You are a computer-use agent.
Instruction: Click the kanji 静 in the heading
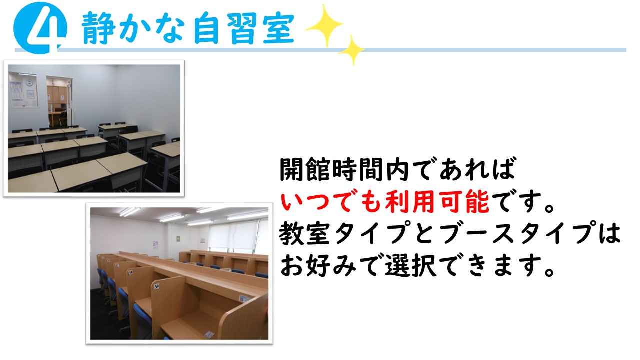[x=98, y=28]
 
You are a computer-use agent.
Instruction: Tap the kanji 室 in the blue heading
[x=278, y=28]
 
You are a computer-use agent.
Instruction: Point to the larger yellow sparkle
[x=324, y=25]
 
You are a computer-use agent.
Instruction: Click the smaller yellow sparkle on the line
[x=351, y=51]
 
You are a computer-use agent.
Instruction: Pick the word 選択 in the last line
[x=411, y=265]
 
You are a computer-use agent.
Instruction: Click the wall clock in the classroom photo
[x=29, y=83]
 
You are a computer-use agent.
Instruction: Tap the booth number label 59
[x=157, y=286]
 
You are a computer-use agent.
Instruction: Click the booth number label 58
[x=131, y=272]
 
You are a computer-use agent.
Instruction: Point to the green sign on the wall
[x=178, y=238]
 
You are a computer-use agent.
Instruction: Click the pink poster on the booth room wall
[x=155, y=245]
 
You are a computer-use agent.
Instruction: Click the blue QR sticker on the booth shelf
[x=244, y=299]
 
